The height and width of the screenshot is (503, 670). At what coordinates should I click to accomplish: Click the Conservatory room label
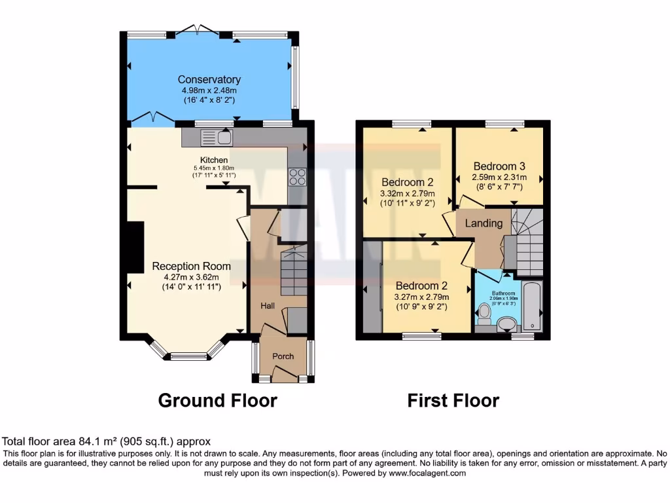[x=209, y=80]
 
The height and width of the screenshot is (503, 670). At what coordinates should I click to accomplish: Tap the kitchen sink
[x=216, y=137]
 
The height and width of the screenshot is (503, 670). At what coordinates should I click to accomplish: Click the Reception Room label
[x=191, y=266]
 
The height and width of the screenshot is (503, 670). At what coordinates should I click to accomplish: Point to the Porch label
[x=283, y=356]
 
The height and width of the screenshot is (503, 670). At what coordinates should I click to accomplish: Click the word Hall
[x=268, y=306]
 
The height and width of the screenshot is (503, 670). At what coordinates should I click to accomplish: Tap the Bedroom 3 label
[x=499, y=166]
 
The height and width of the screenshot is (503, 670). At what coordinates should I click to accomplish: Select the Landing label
[x=484, y=223]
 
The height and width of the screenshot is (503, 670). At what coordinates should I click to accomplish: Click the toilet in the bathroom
[x=484, y=316]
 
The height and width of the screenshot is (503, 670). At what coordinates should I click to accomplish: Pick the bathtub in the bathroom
[x=535, y=305]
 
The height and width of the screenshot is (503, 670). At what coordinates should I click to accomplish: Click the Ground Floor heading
[x=217, y=400]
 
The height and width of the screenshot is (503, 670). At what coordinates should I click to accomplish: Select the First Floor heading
[x=453, y=400]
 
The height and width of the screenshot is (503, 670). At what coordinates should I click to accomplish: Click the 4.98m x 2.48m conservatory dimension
[x=209, y=90]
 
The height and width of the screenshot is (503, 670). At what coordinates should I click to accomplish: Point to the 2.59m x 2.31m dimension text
[x=499, y=177]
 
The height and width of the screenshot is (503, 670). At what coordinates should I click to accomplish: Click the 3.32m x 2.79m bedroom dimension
[x=408, y=193]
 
